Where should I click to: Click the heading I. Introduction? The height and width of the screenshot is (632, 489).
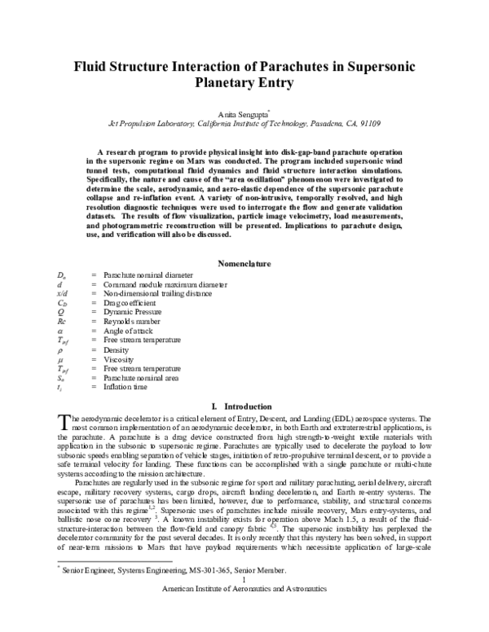point(244,405)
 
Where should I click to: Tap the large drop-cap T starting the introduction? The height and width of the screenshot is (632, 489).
point(65,420)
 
